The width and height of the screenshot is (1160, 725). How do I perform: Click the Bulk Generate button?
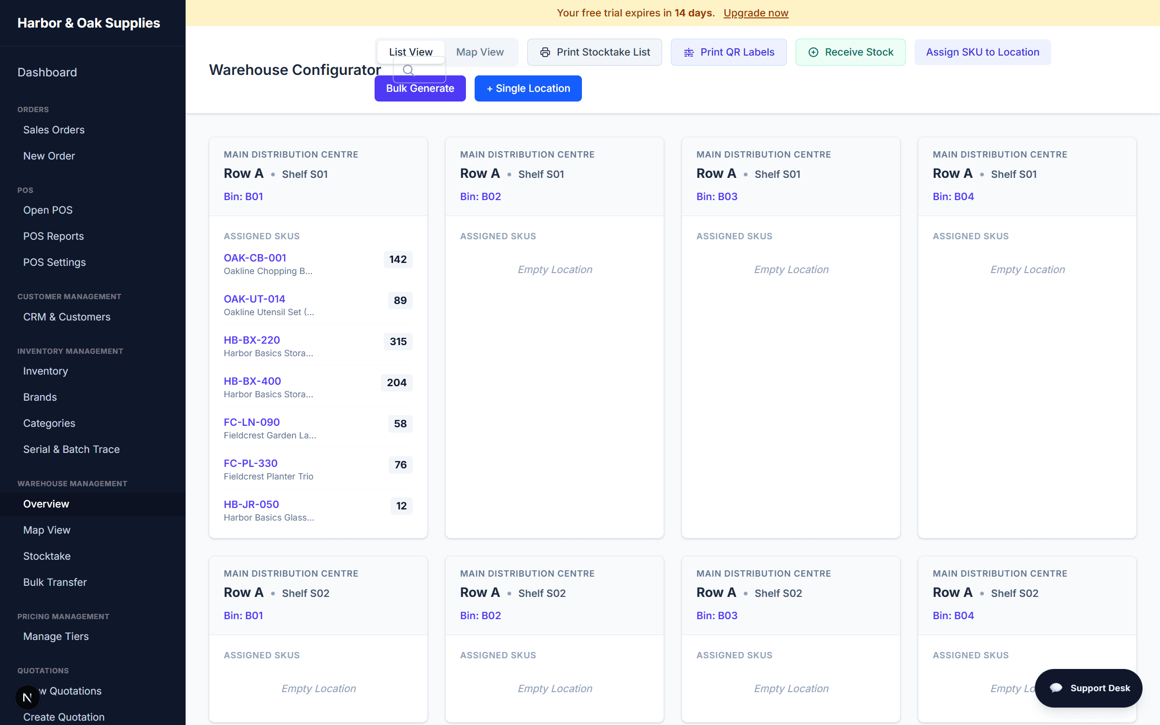(420, 88)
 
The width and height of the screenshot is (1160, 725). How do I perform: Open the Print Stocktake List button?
(594, 52)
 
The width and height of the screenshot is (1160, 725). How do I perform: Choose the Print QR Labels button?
(729, 52)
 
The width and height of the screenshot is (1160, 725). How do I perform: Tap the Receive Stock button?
(851, 52)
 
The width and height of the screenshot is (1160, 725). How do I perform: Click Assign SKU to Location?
(983, 52)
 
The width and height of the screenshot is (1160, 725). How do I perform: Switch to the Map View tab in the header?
(480, 52)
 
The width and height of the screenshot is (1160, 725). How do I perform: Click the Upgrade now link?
(756, 13)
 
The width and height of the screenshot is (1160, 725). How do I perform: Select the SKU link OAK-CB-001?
(255, 258)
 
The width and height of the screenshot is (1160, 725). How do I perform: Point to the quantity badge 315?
(398, 342)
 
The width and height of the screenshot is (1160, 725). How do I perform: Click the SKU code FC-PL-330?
(250, 464)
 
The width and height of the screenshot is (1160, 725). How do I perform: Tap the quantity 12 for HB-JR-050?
(401, 506)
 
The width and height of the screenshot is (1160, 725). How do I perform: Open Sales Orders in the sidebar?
(54, 130)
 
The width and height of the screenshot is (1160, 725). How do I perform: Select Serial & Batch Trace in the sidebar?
(72, 449)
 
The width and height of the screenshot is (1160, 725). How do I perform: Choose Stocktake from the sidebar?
(47, 556)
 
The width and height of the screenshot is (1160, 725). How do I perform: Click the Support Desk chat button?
(1088, 688)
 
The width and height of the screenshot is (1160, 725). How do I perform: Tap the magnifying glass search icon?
(408, 71)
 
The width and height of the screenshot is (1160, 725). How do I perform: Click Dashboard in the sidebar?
(47, 72)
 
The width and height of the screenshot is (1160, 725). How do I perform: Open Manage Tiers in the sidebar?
(56, 637)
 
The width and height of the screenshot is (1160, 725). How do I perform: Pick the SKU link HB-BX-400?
(252, 381)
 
